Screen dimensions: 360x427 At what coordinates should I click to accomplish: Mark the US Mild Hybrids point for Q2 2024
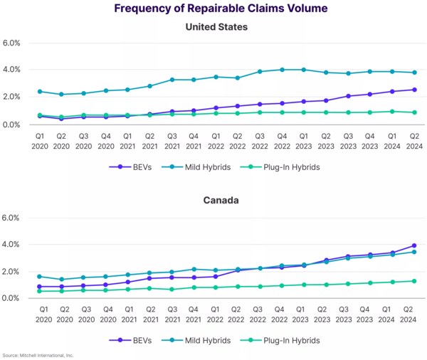click(414, 73)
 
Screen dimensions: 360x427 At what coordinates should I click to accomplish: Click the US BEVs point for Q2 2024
click(414, 90)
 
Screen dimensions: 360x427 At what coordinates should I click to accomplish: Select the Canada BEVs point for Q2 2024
click(414, 245)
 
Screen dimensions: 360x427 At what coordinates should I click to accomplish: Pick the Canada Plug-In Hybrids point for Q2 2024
click(414, 281)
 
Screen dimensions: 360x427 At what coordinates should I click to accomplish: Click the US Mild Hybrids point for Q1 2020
click(40, 91)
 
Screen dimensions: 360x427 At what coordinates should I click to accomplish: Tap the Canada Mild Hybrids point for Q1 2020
click(40, 276)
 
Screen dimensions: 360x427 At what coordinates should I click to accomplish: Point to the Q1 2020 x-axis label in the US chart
click(40, 141)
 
